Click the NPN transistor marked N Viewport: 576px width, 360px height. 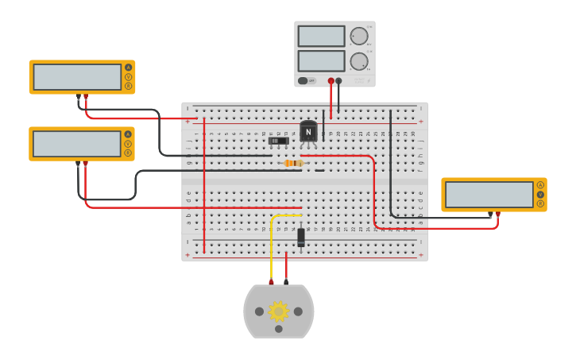pos(308,132)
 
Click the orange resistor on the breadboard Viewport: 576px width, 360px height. pos(294,163)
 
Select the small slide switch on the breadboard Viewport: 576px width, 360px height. pos(278,141)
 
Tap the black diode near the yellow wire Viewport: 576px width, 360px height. pos(301,237)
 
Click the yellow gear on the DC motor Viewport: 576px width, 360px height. pos(278,311)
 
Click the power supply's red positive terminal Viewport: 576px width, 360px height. pos(331,80)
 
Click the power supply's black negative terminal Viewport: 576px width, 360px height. pos(339,80)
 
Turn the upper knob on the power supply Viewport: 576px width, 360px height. pos(359,36)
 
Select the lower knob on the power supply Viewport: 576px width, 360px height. pos(359,61)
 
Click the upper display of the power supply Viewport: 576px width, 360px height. pos(321,36)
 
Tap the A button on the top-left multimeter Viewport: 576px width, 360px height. pos(128,68)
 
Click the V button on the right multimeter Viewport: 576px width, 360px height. pos(540,194)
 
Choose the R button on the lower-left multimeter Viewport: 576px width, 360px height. pos(128,153)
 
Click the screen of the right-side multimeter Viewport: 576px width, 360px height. pos(489,194)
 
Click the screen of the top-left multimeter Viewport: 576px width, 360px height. pos(77,77)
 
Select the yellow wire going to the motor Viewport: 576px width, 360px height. pos(272,246)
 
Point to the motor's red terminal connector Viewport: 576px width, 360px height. pos(271,281)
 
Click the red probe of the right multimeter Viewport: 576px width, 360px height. pos(497,214)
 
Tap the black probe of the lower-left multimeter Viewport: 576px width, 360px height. pos(78,164)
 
